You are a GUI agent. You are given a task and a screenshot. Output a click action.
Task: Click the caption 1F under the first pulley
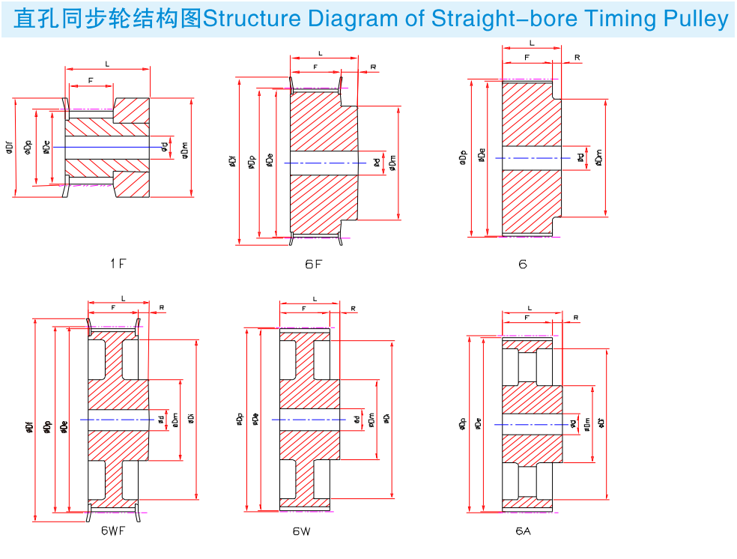point(118,263)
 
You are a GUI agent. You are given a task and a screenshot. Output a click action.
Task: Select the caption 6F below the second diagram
point(313,264)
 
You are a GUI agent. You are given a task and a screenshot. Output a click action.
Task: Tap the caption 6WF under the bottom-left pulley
point(113,531)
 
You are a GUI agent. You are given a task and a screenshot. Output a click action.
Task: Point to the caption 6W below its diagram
point(302,531)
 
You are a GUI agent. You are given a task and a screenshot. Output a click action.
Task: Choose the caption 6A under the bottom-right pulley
point(523,531)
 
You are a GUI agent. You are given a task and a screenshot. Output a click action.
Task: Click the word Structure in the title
point(248,19)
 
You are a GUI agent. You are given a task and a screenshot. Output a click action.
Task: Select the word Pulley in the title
point(698,19)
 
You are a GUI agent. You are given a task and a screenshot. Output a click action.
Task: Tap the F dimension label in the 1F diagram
point(91,80)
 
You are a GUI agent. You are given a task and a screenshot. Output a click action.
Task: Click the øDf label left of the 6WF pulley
point(31,426)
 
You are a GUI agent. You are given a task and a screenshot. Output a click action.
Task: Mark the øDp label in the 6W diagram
point(240,420)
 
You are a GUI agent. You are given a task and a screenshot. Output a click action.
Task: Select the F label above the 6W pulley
point(304,309)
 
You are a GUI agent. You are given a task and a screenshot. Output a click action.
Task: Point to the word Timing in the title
point(619,19)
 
